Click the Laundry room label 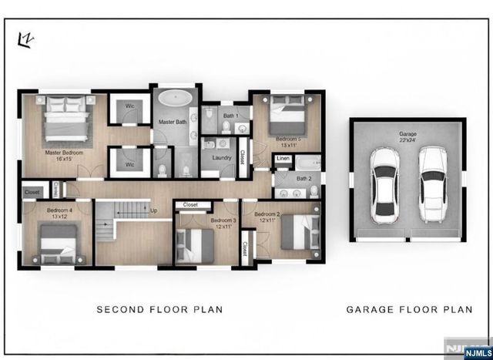(223, 158)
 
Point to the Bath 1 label (231, 116)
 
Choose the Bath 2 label (304, 178)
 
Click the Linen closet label (283, 159)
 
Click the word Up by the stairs (153, 210)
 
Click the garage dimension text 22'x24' (407, 141)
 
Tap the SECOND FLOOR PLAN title (159, 310)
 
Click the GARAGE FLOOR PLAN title (409, 310)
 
